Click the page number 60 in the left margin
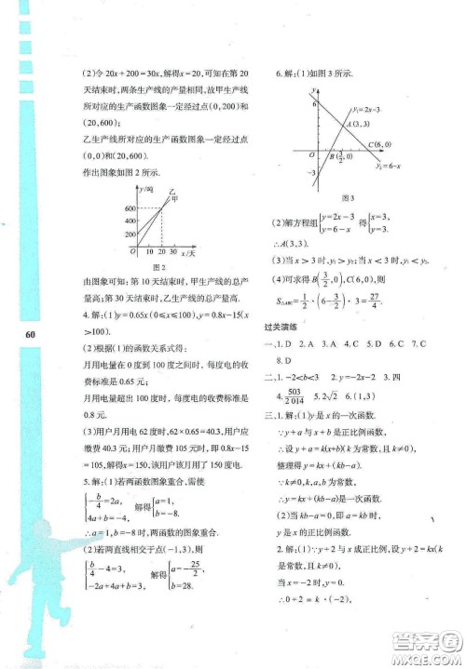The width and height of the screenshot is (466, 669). [31, 334]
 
